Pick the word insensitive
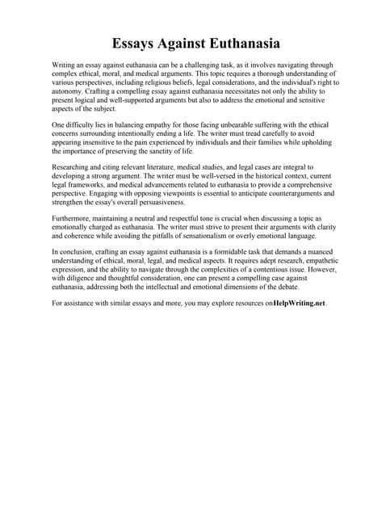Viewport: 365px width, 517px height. (110, 142)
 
